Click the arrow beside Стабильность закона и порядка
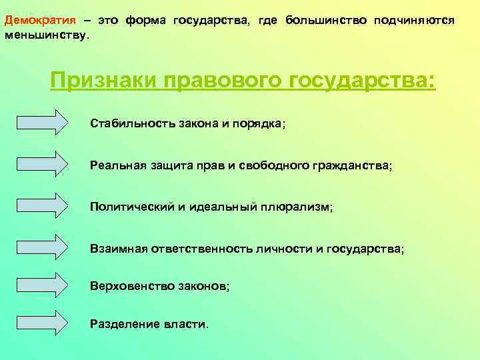(42, 123)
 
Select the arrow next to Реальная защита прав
(42, 165)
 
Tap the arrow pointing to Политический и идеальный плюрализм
(42, 206)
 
